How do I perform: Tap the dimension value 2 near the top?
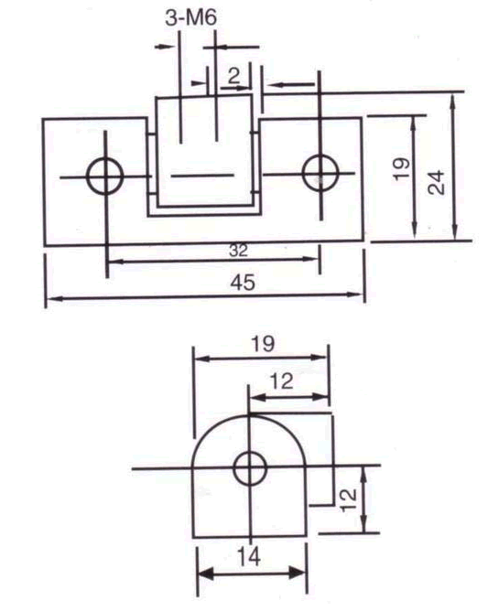click(235, 76)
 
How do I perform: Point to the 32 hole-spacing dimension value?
click(237, 250)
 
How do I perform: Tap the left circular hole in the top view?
click(105, 174)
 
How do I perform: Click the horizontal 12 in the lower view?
click(282, 381)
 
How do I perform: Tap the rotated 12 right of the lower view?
click(346, 498)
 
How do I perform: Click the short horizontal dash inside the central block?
click(200, 174)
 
